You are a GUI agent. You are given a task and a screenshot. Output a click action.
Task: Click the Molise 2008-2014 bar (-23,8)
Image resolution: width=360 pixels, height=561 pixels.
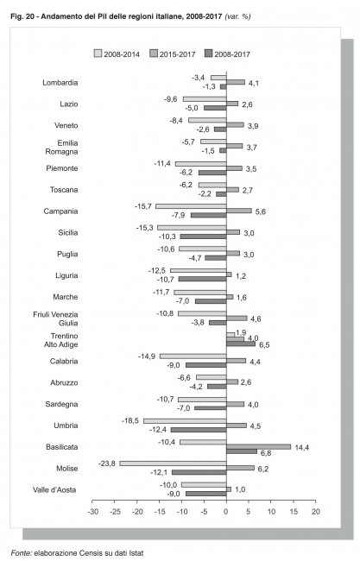pos(173,463)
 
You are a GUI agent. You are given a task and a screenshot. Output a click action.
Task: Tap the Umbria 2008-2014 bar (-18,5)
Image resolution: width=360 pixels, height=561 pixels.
pos(185,421)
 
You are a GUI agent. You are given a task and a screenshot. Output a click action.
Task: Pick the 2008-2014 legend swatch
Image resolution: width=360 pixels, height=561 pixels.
pos(98,54)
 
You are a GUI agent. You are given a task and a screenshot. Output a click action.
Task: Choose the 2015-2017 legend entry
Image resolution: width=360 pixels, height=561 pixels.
pos(173,54)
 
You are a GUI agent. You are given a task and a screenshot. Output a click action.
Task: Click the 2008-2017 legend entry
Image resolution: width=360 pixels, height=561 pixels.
pos(227,54)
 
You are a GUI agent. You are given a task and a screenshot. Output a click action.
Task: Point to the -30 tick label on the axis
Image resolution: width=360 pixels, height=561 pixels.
pos(92,512)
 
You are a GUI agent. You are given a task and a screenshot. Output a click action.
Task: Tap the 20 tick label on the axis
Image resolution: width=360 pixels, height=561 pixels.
pos(316,512)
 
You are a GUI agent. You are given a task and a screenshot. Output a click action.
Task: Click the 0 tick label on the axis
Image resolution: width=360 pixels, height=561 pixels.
pos(226,512)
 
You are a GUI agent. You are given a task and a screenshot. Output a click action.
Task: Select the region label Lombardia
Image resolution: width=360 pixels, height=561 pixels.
pos(60,83)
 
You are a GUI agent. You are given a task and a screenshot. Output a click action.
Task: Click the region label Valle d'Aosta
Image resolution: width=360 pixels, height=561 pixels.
pos(54,490)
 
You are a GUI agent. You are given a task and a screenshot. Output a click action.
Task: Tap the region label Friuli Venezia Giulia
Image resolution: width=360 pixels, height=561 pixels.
pos(55,318)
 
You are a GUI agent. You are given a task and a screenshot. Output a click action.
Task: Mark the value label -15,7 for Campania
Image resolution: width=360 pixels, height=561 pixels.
pos(143,206)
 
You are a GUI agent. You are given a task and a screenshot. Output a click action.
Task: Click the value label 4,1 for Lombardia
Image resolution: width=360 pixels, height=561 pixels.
pos(254,83)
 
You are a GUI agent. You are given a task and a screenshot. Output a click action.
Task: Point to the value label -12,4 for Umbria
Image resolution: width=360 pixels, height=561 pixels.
pos(158,429)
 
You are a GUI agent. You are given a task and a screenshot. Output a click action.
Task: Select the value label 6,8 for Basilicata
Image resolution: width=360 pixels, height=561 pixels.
pos(266,453)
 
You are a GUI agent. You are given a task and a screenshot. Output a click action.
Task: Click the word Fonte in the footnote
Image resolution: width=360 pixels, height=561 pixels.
pos(22,553)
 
